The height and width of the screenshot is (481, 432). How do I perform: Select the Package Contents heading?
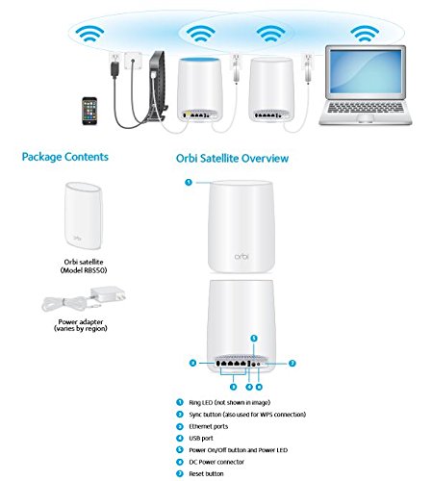(x=64, y=157)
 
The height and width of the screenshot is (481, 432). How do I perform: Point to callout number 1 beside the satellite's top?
(x=189, y=181)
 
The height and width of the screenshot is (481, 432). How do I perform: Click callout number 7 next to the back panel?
(x=292, y=364)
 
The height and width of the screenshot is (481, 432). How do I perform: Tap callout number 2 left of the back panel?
(x=191, y=364)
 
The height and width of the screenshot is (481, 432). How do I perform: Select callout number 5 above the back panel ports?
(x=252, y=338)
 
